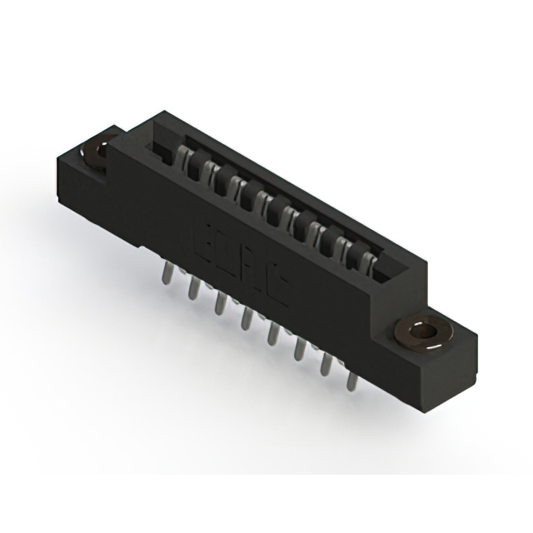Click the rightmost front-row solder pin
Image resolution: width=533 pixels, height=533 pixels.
point(352,380)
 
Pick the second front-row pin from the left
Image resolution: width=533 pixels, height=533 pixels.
point(194,287)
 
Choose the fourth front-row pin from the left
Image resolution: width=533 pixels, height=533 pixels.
point(247,317)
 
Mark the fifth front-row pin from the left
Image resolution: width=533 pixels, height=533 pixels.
point(272,333)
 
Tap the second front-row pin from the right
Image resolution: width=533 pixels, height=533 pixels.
point(326,364)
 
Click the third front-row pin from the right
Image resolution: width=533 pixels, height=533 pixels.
point(299,349)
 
